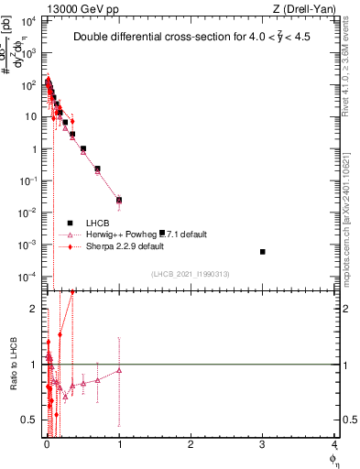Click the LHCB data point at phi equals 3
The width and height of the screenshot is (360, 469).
[x=262, y=252]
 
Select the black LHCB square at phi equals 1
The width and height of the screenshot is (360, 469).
[x=119, y=200]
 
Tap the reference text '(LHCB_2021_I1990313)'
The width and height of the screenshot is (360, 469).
[x=189, y=275]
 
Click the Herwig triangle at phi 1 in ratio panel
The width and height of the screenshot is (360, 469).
[x=119, y=370]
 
